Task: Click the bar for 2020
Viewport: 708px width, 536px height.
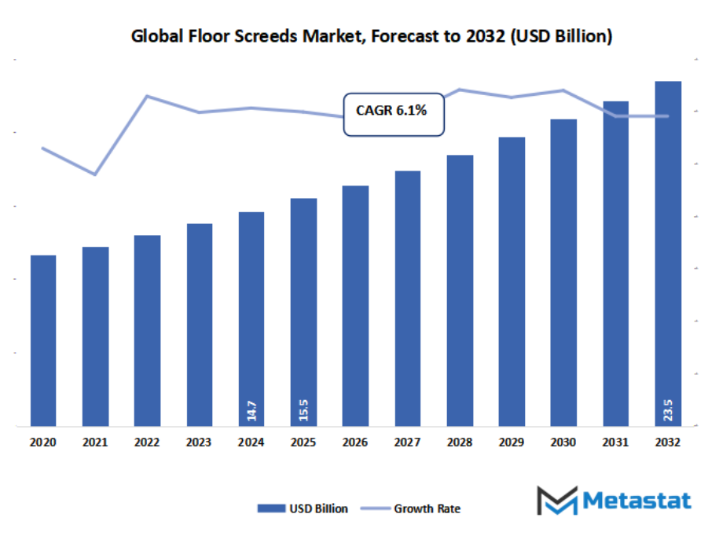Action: tap(43, 341)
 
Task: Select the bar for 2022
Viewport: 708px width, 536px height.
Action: tap(147, 331)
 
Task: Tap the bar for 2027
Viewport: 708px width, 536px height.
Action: tap(407, 299)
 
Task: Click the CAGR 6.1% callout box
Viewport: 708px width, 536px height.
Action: tap(394, 114)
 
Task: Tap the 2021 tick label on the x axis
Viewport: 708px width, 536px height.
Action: tap(95, 442)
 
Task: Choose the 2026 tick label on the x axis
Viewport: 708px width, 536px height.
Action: tap(355, 442)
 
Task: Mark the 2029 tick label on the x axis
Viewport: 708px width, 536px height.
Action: tap(512, 442)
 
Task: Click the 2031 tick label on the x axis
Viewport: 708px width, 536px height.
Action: tap(615, 442)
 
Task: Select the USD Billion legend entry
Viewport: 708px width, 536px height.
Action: tap(303, 508)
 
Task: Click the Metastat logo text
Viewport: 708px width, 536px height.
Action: tap(636, 501)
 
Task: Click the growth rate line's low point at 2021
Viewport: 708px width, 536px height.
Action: tap(95, 174)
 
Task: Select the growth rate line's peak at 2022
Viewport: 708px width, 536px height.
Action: tap(147, 96)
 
